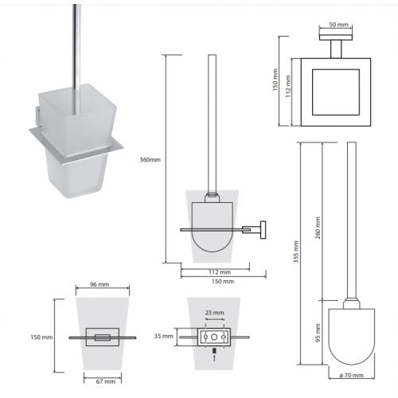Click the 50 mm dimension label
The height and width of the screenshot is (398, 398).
[x=338, y=25]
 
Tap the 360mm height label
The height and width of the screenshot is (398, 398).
[x=150, y=160]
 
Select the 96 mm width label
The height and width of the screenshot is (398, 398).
[x=99, y=284]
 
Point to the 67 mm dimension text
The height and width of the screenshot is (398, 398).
[x=106, y=381]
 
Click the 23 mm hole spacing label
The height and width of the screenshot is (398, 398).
[x=214, y=313]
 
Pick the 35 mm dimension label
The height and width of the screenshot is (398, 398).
[x=163, y=336]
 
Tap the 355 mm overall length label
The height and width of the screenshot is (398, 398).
[x=296, y=252]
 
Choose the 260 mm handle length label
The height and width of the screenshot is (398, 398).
[x=318, y=228]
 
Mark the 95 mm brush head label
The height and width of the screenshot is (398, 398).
[x=318, y=333]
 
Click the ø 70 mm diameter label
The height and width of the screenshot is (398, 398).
[x=351, y=375]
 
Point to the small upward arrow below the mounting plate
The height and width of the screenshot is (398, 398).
[x=215, y=357]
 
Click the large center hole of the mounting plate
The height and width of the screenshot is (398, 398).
[x=214, y=338]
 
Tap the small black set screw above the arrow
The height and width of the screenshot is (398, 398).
[x=215, y=351]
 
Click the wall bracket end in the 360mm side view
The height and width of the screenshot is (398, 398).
[x=263, y=230]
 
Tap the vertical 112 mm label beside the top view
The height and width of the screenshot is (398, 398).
[x=288, y=87]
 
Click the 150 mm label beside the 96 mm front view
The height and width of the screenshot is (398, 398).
[x=41, y=338]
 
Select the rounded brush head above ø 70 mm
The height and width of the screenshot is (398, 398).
[x=352, y=337]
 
